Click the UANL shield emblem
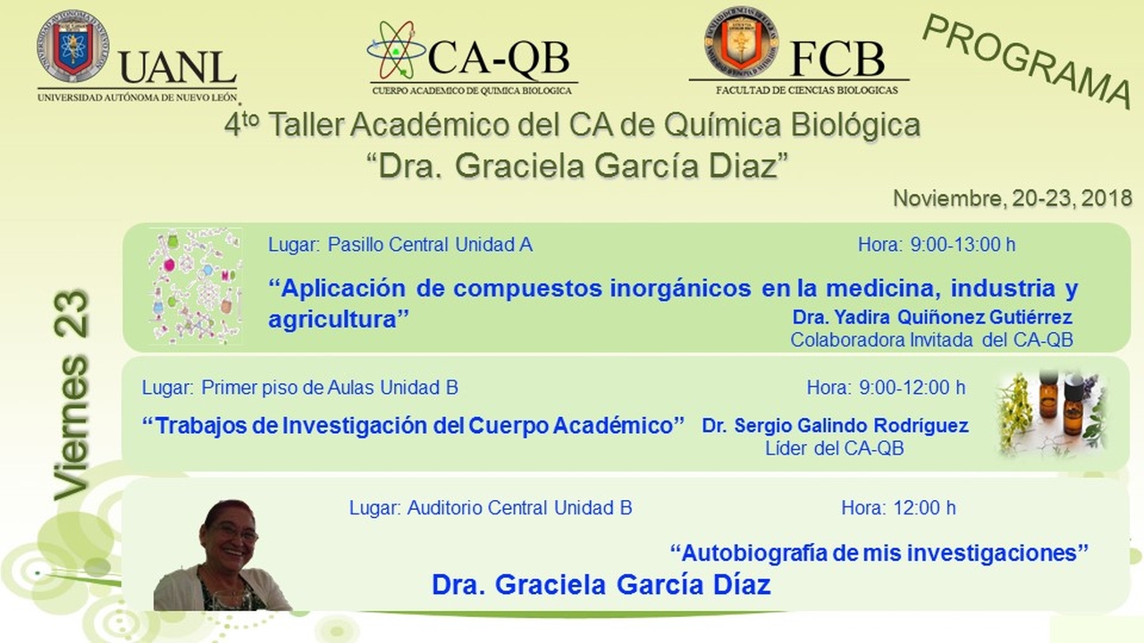(x=73, y=46)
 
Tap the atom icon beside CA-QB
(x=397, y=50)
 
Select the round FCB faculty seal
(x=742, y=42)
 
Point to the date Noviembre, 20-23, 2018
(x=1013, y=198)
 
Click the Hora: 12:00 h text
(x=898, y=508)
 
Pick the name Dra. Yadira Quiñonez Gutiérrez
(x=932, y=317)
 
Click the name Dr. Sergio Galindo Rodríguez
(x=835, y=426)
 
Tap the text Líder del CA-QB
(x=835, y=448)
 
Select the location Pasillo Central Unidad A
(x=430, y=245)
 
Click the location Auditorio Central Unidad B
(x=519, y=508)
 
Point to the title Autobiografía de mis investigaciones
(x=879, y=553)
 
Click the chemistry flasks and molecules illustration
(x=195, y=287)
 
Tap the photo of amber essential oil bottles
(x=1052, y=413)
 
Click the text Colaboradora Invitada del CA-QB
(x=932, y=340)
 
